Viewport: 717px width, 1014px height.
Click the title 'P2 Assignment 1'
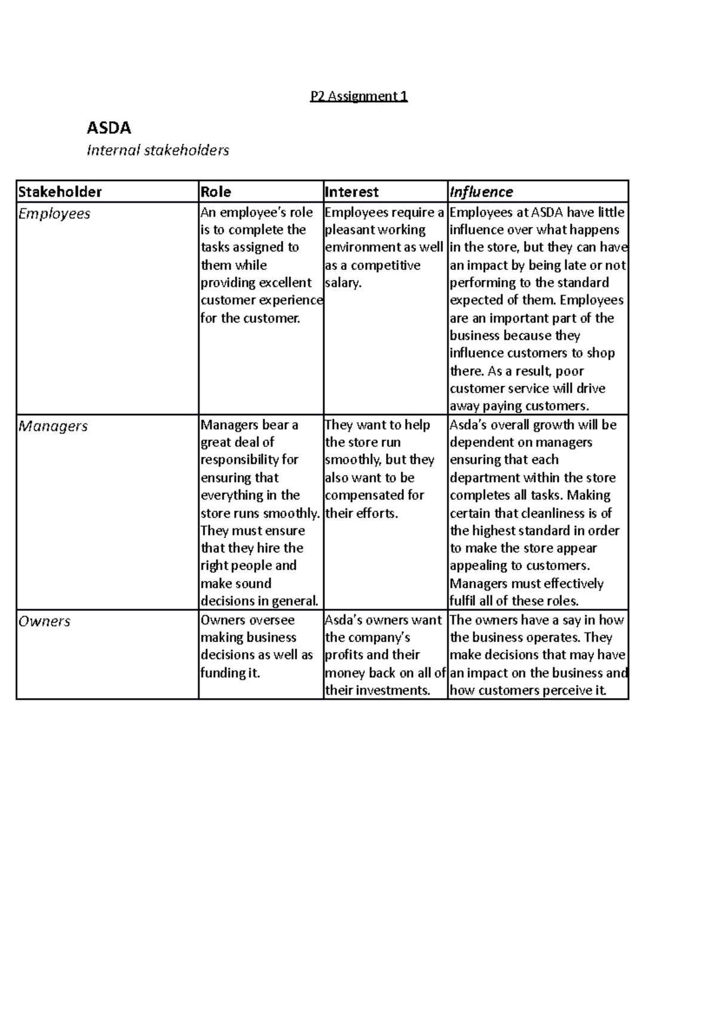click(x=358, y=96)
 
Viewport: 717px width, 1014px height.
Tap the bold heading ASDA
click(x=109, y=128)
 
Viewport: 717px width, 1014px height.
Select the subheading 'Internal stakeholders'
click(x=158, y=150)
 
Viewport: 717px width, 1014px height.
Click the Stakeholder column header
click(x=60, y=192)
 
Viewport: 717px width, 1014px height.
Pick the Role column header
click(x=216, y=192)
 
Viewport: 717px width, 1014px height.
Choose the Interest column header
click(x=351, y=192)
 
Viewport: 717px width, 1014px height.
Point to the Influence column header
click(x=481, y=192)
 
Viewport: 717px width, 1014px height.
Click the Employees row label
click(x=54, y=214)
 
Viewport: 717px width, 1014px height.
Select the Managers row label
click(x=53, y=426)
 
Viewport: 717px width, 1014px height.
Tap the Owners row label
click(x=44, y=622)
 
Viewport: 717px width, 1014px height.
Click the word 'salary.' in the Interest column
click(x=343, y=282)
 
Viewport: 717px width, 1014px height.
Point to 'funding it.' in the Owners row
click(x=230, y=673)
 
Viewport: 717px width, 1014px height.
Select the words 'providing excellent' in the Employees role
click(x=256, y=282)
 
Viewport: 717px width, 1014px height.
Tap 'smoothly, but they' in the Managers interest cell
click(x=379, y=460)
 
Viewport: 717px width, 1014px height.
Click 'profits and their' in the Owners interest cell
click(x=372, y=655)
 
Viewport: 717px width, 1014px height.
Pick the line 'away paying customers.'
click(x=519, y=406)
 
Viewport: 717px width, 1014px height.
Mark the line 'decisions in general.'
click(x=259, y=601)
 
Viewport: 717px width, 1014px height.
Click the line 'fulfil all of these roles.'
click(x=514, y=601)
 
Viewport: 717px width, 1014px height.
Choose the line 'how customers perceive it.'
click(x=528, y=690)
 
